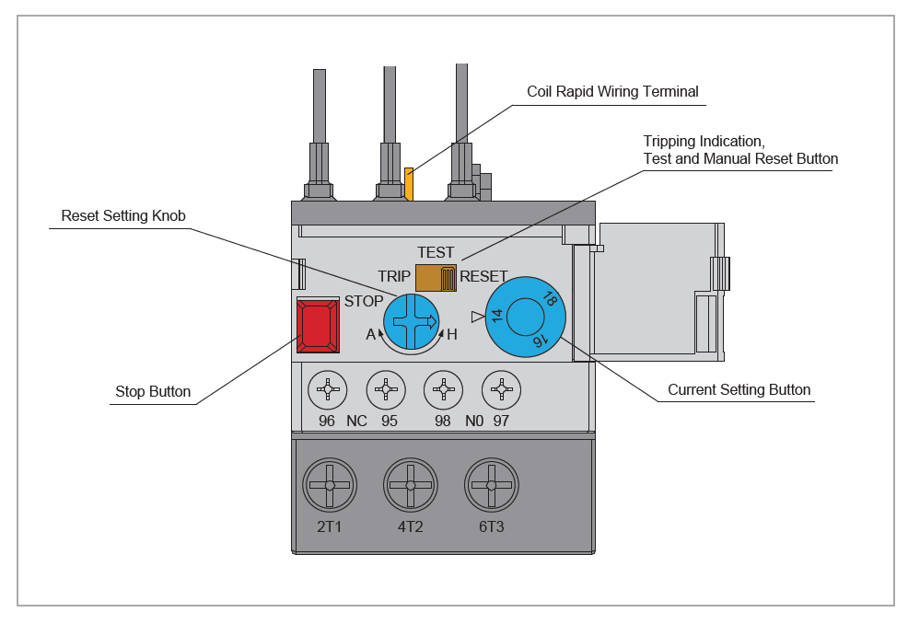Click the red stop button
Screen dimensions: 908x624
(318, 325)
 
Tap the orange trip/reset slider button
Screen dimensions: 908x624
(437, 278)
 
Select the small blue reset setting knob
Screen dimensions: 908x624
(411, 322)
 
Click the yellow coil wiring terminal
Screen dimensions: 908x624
(409, 184)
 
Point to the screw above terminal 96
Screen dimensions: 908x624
(328, 389)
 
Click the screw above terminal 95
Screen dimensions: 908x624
(386, 389)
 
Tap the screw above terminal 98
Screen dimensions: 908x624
(444, 389)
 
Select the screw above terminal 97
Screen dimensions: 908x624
(502, 389)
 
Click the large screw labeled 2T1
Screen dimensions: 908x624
(330, 485)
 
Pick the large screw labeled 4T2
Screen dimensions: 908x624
(411, 485)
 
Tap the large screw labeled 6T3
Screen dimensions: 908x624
(492, 485)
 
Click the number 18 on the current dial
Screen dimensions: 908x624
(550, 298)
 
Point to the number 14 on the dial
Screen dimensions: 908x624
(497, 316)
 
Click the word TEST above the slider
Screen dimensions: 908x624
(436, 253)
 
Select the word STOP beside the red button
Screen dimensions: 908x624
(364, 301)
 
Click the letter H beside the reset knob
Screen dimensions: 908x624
(452, 335)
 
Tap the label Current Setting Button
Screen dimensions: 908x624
(739, 389)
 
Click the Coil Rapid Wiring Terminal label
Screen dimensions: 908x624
(612, 91)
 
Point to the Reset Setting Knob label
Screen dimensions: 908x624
(123, 216)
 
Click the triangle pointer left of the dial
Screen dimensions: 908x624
(477, 317)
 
